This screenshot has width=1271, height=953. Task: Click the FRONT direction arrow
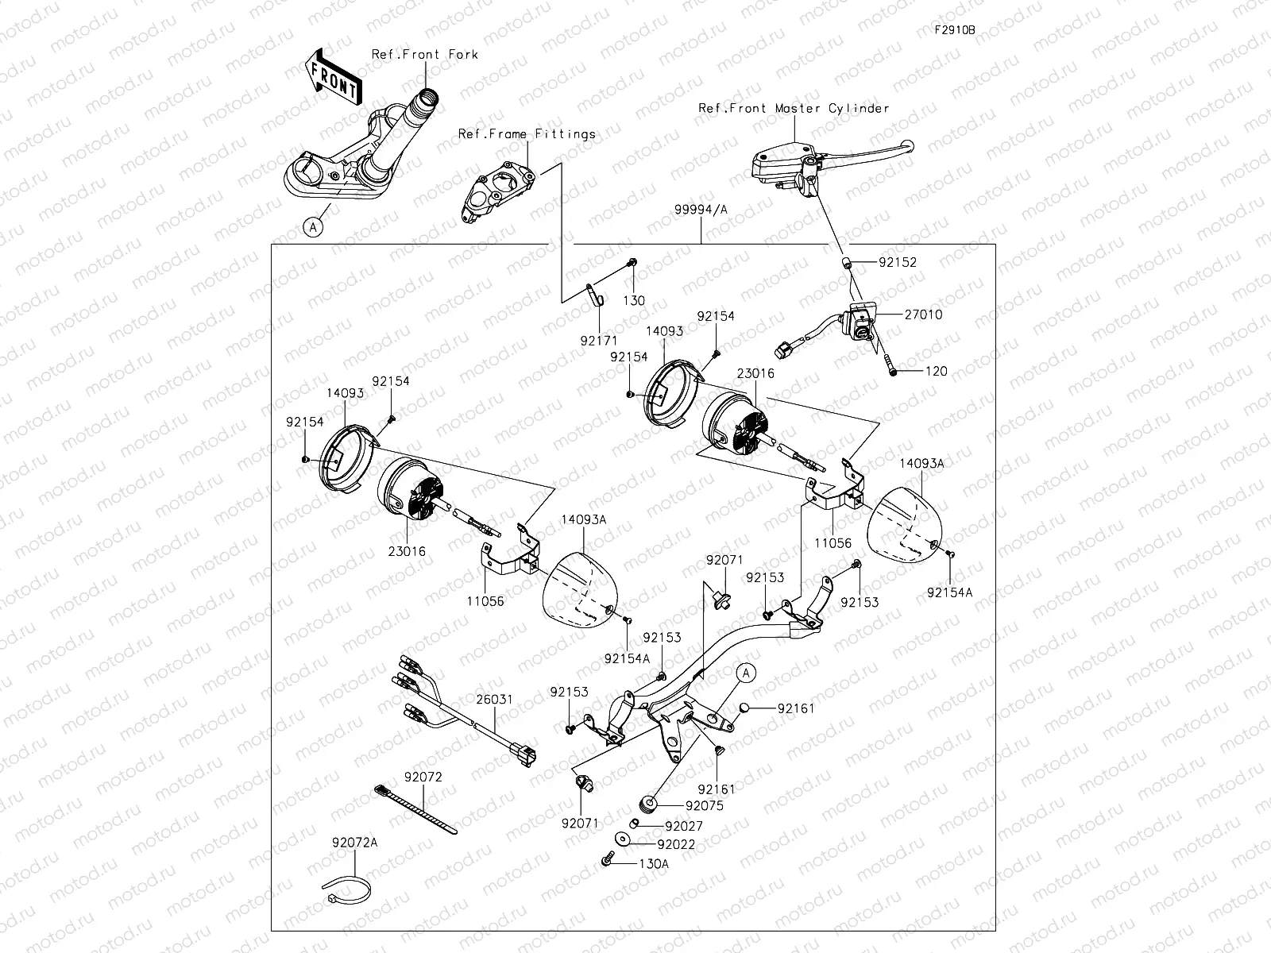[333, 76]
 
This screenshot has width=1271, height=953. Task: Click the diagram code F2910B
[955, 30]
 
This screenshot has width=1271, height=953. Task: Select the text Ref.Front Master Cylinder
[794, 108]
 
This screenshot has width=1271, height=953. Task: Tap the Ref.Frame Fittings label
[527, 134]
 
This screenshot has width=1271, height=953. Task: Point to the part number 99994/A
[701, 210]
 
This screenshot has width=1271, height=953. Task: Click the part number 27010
[923, 314]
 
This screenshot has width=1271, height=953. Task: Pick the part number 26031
[495, 700]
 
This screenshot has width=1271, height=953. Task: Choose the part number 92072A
[354, 843]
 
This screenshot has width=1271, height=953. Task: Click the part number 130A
[654, 864]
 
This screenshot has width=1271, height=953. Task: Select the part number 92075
[704, 805]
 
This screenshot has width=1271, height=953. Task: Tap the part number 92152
[898, 262]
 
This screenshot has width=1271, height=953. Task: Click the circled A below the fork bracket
[313, 227]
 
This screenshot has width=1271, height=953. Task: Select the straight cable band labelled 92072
[415, 809]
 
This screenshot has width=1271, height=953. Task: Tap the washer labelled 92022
[623, 839]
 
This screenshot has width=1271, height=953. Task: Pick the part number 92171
[599, 341]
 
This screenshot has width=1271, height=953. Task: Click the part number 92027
[684, 826]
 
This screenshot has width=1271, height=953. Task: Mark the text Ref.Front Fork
[425, 54]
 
